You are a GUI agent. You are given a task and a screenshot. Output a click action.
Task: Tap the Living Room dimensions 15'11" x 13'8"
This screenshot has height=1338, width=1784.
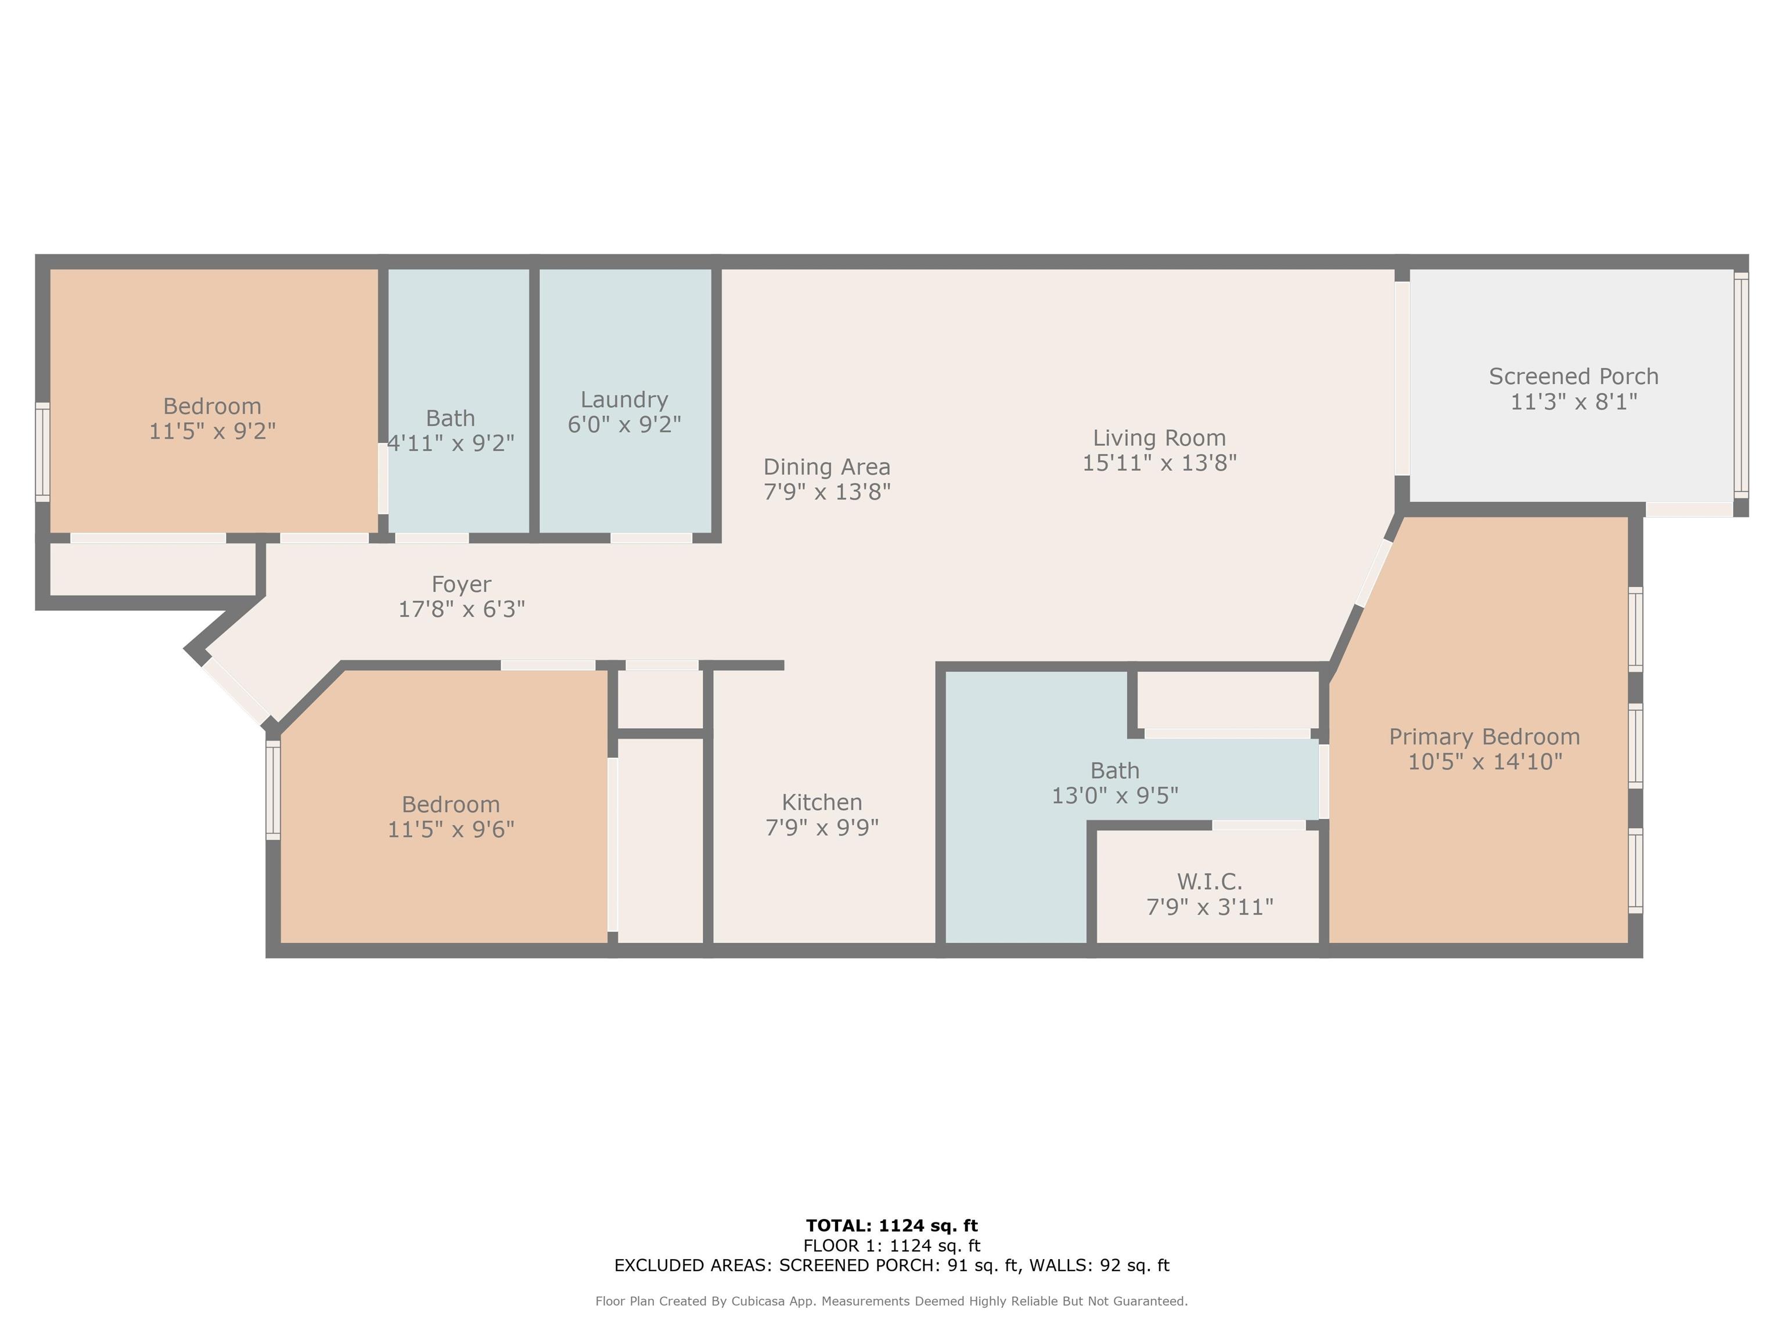point(1159,463)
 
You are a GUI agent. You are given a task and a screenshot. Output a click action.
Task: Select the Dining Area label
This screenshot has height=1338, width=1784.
point(827,467)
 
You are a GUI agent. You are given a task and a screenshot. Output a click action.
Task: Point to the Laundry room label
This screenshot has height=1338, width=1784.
point(624,400)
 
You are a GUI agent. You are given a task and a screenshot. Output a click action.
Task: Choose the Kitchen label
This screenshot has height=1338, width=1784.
point(822,803)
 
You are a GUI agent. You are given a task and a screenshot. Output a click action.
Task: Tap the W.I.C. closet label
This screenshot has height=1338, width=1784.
point(1209,882)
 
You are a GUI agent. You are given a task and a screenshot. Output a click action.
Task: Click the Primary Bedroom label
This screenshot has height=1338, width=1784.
point(1484,737)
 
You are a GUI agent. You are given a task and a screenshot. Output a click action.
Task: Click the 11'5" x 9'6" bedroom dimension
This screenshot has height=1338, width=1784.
point(451,830)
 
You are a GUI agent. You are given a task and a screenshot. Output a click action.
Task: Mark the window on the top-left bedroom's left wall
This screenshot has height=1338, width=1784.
point(42,452)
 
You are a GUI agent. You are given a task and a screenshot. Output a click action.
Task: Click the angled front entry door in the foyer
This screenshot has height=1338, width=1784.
point(236,691)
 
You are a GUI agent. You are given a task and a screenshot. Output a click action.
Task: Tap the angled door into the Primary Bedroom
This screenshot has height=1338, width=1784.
point(1374,573)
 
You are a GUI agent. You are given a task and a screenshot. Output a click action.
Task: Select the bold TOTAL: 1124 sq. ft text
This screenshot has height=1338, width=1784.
point(892,1226)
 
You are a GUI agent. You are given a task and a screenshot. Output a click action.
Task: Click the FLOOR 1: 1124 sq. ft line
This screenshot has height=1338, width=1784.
point(892,1246)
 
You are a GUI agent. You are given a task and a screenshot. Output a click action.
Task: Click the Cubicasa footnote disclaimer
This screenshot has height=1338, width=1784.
point(892,1301)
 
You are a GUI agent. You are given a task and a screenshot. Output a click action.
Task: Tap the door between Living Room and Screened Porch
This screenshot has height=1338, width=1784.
point(1402,378)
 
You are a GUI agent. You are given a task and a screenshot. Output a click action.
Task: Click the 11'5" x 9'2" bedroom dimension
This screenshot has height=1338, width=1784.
point(212,431)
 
